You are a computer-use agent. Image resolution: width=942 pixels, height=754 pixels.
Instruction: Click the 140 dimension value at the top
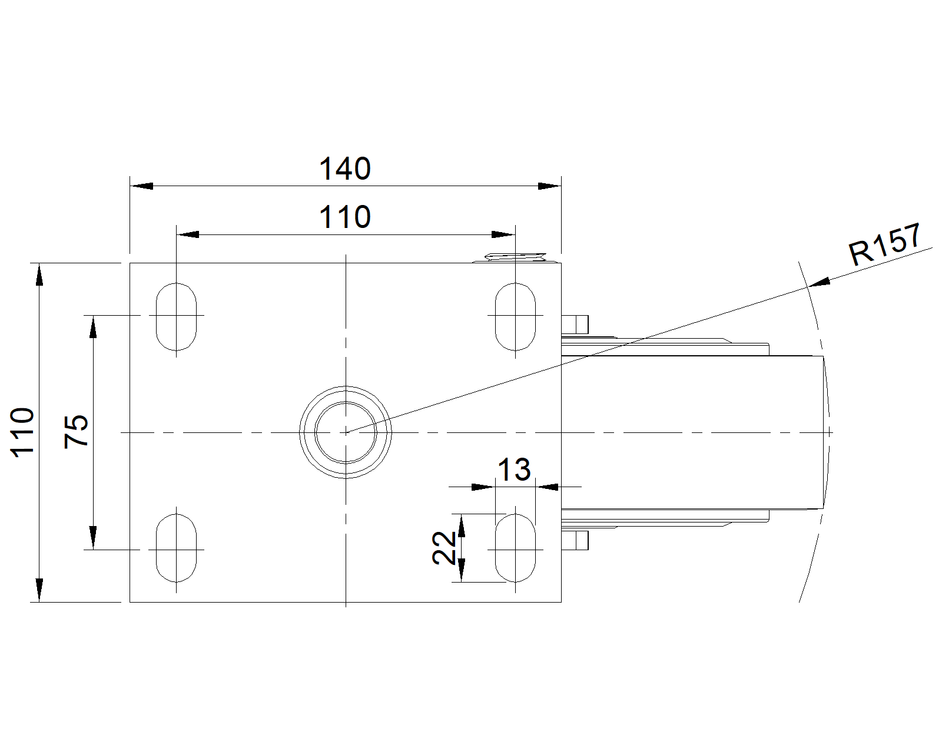[x=345, y=168]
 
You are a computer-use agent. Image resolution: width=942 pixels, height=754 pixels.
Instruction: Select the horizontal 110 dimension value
[x=345, y=217]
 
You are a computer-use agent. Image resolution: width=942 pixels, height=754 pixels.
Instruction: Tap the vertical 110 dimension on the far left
[x=22, y=432]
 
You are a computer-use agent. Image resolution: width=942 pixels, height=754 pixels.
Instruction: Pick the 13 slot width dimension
[x=515, y=469]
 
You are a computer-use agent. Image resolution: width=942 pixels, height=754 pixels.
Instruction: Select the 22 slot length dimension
[x=444, y=548]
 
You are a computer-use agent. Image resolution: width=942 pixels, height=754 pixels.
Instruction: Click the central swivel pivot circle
[x=346, y=387]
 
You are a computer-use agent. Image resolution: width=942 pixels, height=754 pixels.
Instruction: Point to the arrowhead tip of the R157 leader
[x=808, y=286]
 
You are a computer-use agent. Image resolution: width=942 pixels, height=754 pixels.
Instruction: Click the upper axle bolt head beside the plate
[x=575, y=324]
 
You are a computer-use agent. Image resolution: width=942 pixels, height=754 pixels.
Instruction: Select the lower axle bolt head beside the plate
[x=575, y=540]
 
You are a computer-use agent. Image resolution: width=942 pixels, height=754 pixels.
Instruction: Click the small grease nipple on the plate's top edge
[x=515, y=257]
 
